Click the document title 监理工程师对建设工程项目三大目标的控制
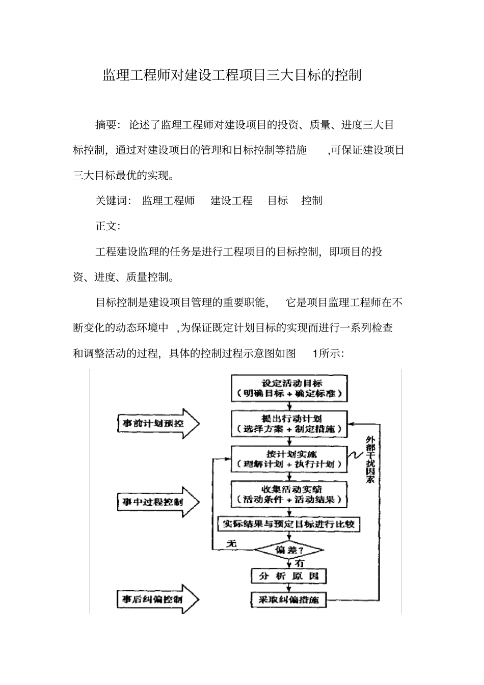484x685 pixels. (x=232, y=75)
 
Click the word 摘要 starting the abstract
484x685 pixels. (x=106, y=125)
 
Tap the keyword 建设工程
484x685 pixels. (x=231, y=201)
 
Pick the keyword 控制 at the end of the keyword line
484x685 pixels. (x=311, y=201)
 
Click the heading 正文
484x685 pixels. (x=107, y=226)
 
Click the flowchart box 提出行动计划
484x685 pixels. (x=289, y=424)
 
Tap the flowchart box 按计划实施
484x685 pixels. (x=289, y=459)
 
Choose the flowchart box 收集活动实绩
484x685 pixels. (x=289, y=495)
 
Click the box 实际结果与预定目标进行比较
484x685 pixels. (x=289, y=524)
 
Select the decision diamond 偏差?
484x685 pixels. (x=289, y=550)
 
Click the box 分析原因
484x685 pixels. (x=289, y=576)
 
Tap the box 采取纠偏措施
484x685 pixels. (x=289, y=600)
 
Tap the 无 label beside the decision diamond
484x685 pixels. (x=232, y=543)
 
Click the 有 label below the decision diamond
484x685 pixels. (x=300, y=563)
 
